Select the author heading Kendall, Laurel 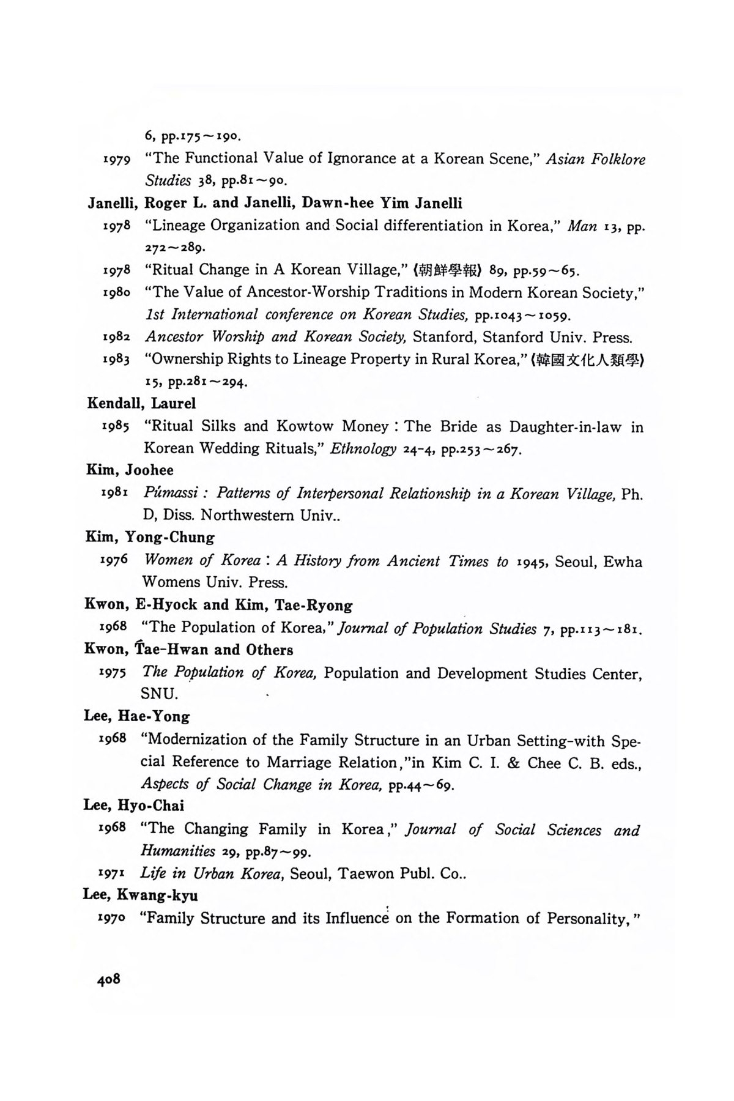coord(141,403)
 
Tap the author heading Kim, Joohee coord(129,470)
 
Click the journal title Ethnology coord(363,449)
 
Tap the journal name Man coord(582,226)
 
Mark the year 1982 coord(116,336)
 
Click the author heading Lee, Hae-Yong coord(136,716)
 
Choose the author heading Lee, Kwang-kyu coord(140,895)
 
